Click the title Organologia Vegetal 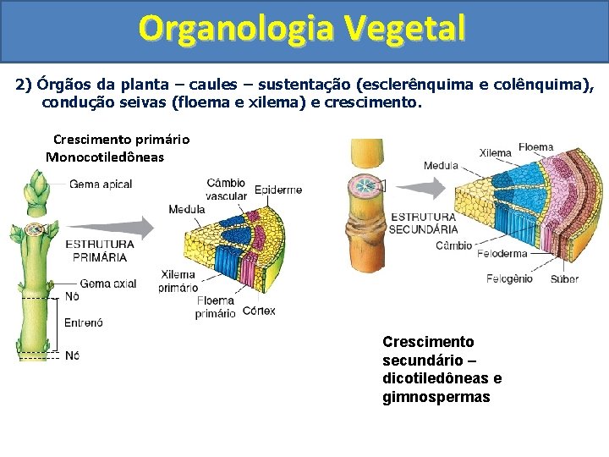303,29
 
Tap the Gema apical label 100,184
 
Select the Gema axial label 108,284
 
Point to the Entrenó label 84,322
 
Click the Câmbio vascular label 227,190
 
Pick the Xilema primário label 178,280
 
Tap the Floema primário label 216,307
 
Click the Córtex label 258,311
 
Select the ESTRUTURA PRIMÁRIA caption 99,250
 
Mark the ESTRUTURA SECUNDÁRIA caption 424,223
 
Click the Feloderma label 502,253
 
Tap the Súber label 565,278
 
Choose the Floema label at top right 535,147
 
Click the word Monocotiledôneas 105,157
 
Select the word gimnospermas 436,396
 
